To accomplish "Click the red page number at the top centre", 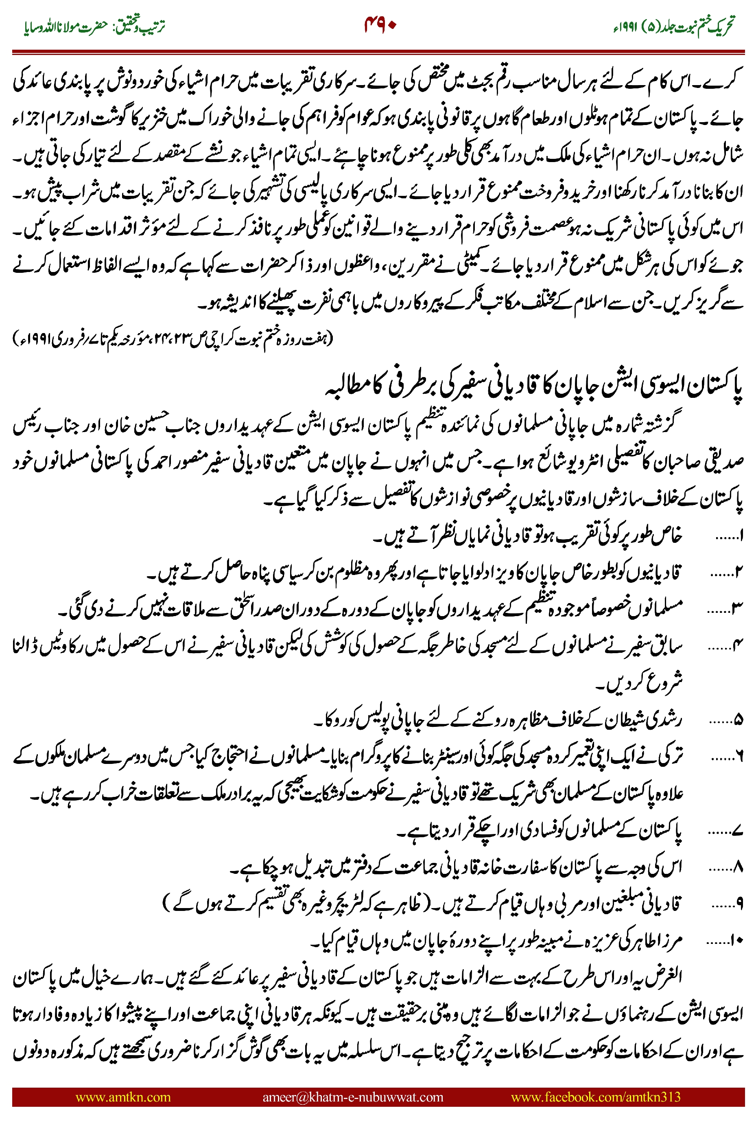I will coord(380,25).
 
